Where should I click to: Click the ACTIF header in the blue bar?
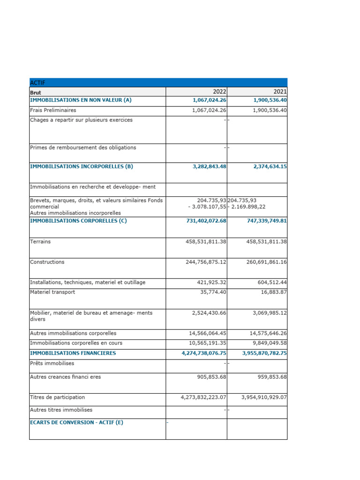pos(37,83)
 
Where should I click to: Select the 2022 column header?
pos(219,92)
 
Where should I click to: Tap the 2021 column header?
pos(280,92)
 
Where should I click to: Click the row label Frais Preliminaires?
pos(53,110)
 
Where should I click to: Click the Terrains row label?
pos(40,241)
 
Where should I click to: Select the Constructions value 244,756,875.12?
pos(206,262)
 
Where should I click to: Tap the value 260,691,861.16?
pos(267,262)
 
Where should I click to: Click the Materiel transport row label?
pos(52,292)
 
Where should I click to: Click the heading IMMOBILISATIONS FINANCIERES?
pos(73,353)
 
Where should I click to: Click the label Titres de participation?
pos(58,397)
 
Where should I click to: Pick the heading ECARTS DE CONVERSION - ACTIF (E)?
pos(76,422)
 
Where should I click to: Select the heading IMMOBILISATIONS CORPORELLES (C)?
pos(78,221)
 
